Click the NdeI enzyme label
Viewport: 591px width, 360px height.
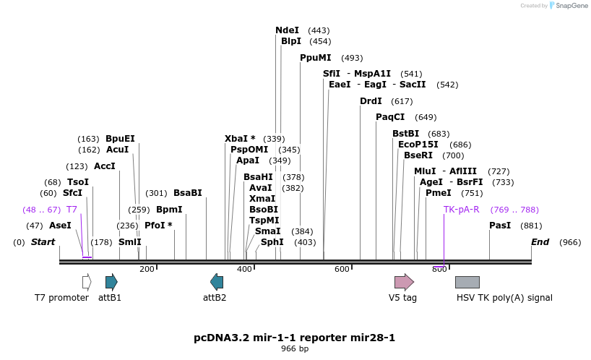(287, 30)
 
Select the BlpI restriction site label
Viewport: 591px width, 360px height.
(291, 41)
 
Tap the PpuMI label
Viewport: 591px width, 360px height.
(316, 58)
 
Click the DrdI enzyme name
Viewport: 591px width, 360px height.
(371, 101)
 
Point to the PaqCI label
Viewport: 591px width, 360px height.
(390, 117)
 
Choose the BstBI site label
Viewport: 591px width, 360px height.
(405, 134)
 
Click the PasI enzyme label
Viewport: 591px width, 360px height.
(500, 226)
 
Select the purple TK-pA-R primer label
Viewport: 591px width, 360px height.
(461, 210)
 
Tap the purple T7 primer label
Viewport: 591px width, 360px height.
(72, 210)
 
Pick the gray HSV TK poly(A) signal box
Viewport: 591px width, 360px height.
(467, 282)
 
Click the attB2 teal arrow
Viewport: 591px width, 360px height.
(217, 282)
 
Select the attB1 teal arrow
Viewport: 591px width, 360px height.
(111, 282)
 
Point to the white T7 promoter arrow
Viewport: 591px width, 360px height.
(87, 282)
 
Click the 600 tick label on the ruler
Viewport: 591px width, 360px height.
(342, 269)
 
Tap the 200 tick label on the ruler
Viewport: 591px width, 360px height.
(147, 269)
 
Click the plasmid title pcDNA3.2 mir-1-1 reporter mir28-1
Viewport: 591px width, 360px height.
(295, 338)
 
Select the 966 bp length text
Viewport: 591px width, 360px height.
(295, 349)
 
